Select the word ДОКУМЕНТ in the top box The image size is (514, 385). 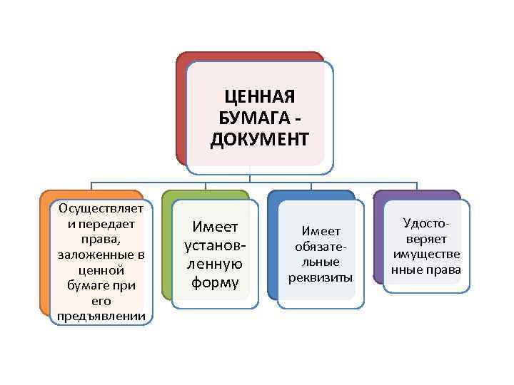pos(260,138)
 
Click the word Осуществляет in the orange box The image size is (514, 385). pos(102,208)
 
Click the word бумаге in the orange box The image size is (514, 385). pos(86,286)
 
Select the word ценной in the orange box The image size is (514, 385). pos(102,270)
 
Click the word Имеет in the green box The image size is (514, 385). pos(215,227)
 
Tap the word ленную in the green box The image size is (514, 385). pos(215,265)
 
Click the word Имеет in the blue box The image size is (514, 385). pos(321,230)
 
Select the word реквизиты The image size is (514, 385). pos(321,277)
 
